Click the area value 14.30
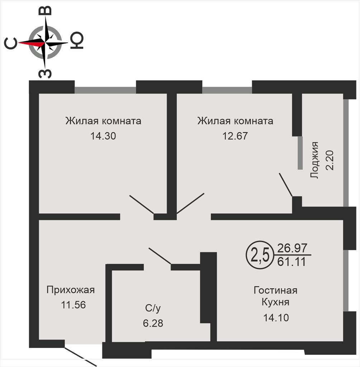click(x=103, y=136)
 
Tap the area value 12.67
click(x=235, y=136)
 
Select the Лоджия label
click(x=314, y=160)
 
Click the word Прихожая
click(x=71, y=290)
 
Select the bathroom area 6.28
click(x=153, y=323)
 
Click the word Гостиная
click(x=275, y=290)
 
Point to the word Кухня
click(x=275, y=302)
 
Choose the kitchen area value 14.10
click(x=276, y=318)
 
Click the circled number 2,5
click(x=258, y=254)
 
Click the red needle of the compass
click(x=31, y=43)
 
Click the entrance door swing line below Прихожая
click(x=81, y=356)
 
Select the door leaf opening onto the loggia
click(x=286, y=185)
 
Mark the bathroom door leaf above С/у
click(x=160, y=257)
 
